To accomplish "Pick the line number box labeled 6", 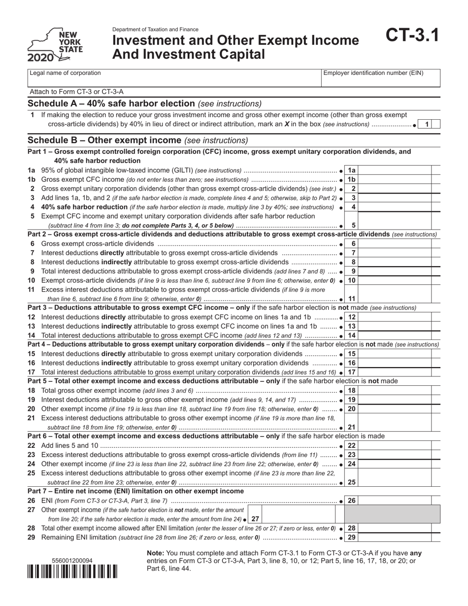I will tap(353, 244).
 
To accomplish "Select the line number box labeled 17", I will tap(353, 372).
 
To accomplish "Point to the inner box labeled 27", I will tap(255, 519).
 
